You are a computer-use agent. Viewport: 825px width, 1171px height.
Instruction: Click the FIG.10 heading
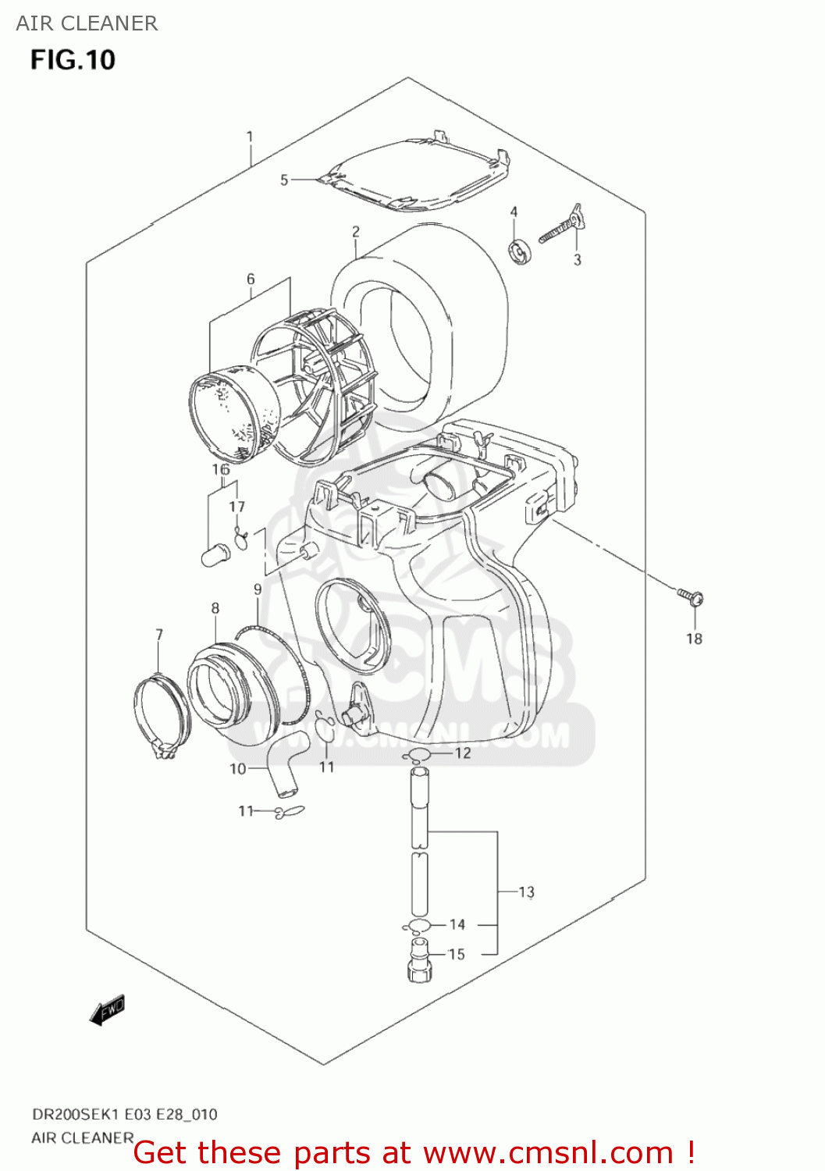coord(73,60)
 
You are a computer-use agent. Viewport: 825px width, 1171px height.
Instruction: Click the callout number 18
coord(694,639)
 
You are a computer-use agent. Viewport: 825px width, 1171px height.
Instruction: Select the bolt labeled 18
coord(691,597)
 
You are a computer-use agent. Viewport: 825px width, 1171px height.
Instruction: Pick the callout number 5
coord(284,180)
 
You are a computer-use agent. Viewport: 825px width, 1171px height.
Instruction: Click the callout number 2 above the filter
coord(356,232)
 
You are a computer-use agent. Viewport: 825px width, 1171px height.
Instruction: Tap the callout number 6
coord(251,279)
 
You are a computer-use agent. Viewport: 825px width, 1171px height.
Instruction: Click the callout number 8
coord(215,608)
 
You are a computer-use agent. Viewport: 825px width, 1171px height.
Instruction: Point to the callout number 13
coord(527,892)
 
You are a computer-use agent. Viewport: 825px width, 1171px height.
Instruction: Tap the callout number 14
coord(457,924)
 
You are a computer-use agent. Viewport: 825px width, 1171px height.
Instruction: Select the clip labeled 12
coord(418,754)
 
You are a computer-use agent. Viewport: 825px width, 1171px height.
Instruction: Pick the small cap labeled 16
coord(215,557)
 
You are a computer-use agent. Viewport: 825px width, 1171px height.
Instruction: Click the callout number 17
coord(236,507)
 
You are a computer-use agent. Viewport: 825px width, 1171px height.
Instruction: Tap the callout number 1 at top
coord(250,137)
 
